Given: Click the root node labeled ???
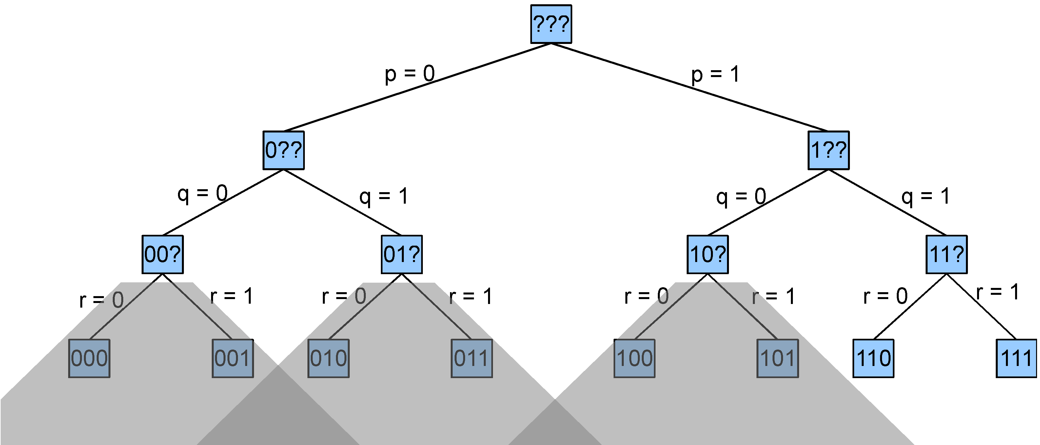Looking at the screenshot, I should coord(551,24).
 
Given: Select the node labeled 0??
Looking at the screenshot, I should coord(284,150).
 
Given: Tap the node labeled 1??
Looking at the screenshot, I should coord(829,150).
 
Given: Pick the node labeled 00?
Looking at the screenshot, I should coord(162,254).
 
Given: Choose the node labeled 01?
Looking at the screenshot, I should coord(402,254).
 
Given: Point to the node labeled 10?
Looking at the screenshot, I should coord(708,254).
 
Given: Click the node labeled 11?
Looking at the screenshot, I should coord(946,254).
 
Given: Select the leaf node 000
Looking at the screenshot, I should coord(89,358).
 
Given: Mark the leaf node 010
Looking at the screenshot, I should coord(328,358).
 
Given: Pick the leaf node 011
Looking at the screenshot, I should coord(472,358).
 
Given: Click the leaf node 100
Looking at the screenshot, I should coord(634,358).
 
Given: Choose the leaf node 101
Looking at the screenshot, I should coord(777,358).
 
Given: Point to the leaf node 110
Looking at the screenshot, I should coord(873,358).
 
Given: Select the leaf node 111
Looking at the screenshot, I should coord(1016,358).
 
